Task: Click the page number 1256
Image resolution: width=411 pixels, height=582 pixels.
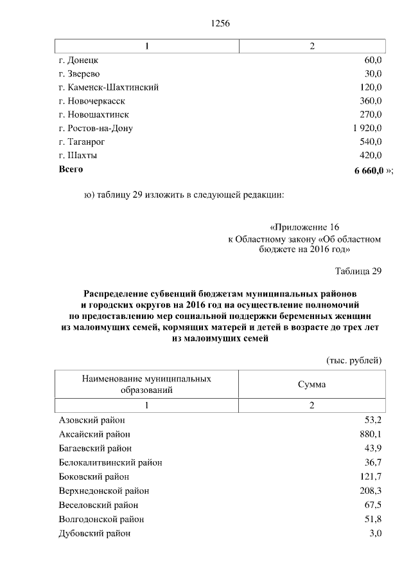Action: (x=220, y=24)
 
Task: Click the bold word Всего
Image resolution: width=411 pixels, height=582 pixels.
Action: (x=71, y=170)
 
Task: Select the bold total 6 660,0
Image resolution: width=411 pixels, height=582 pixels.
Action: (x=369, y=171)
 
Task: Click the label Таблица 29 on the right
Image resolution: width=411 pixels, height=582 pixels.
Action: (x=358, y=271)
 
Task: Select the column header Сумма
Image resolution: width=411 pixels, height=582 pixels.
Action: (x=311, y=384)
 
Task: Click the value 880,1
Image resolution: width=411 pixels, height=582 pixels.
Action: (x=371, y=434)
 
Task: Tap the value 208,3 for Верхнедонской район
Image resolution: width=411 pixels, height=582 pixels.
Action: (x=371, y=491)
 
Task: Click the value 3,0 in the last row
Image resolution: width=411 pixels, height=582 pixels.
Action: (x=375, y=533)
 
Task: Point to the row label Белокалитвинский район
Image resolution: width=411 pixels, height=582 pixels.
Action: (x=110, y=462)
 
